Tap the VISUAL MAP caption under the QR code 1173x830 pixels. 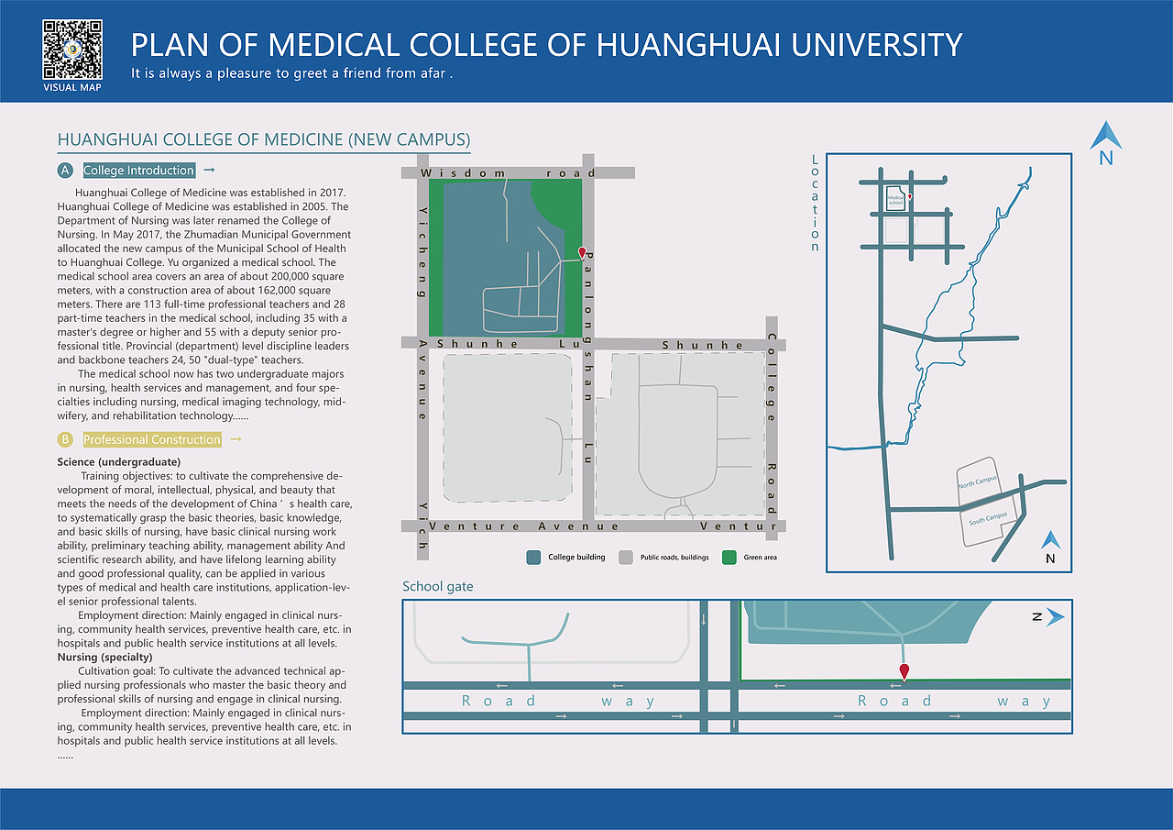(72, 87)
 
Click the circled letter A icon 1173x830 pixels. (64, 171)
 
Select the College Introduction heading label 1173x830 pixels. (138, 171)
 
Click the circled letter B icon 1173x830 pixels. (64, 439)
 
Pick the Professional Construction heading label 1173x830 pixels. (152, 439)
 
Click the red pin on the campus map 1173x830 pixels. (581, 253)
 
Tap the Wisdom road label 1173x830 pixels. (508, 172)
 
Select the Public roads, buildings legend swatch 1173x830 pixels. (626, 557)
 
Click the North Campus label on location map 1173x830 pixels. (977, 482)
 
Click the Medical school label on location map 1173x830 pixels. (895, 199)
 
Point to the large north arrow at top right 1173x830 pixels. (1106, 138)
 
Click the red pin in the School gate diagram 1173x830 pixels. (904, 672)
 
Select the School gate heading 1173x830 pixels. (438, 586)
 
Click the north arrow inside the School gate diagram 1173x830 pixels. (1054, 617)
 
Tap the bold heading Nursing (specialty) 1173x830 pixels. (104, 657)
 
